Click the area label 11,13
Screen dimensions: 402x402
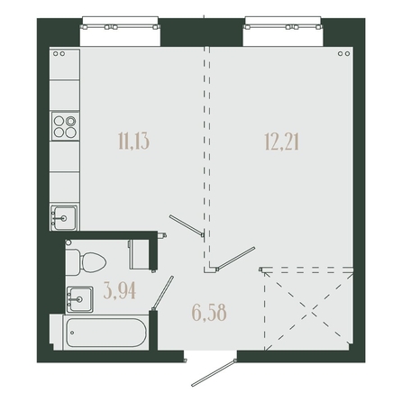[134, 142]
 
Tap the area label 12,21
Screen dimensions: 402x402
[282, 142]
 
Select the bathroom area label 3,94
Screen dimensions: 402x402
[120, 291]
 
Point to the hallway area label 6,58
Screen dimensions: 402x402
[209, 313]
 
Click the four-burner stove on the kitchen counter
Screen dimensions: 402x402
[65, 126]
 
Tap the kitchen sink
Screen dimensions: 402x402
[64, 218]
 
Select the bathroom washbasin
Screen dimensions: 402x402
[79, 299]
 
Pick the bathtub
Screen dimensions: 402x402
[106, 333]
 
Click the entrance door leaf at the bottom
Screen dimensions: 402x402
[214, 373]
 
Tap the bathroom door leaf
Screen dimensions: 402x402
[163, 293]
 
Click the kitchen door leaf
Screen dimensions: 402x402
[187, 224]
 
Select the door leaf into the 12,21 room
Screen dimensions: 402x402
[236, 257]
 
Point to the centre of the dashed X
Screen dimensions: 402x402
[309, 309]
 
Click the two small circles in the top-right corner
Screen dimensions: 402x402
[343, 53]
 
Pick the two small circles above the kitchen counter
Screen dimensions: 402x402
[59, 53]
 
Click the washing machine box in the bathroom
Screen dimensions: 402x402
[140, 254]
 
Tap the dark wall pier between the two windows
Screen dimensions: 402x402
[202, 32]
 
